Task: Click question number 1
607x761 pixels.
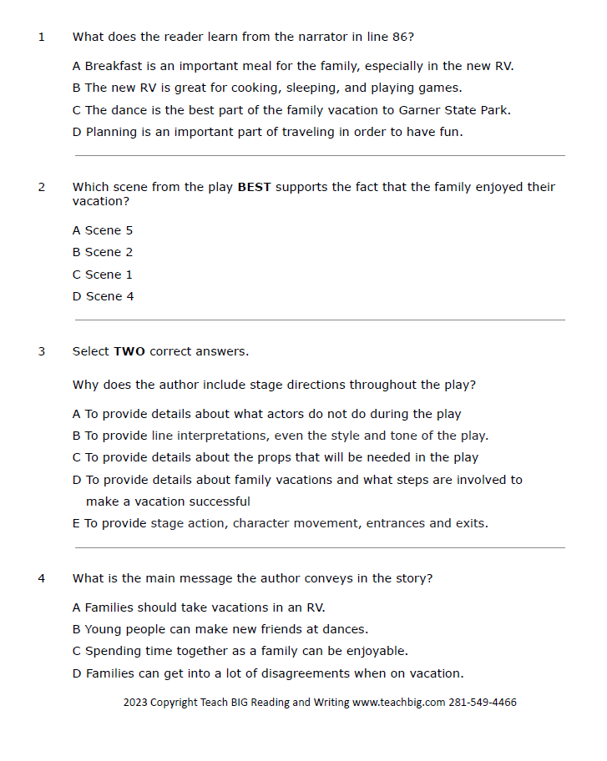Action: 42,37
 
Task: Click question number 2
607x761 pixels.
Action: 42,187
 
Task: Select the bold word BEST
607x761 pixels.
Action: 254,187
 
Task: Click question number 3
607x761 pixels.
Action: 42,351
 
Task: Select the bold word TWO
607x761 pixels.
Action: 129,351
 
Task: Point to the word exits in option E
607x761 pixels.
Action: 471,523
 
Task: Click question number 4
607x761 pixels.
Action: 42,578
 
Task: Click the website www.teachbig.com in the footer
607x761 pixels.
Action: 399,703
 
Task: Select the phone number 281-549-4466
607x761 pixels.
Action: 483,703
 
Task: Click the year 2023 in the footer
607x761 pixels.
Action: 135,703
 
